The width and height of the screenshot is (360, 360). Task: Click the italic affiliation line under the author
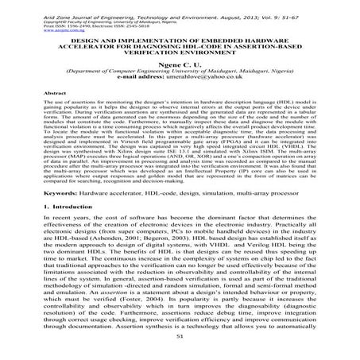[x=180, y=78]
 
